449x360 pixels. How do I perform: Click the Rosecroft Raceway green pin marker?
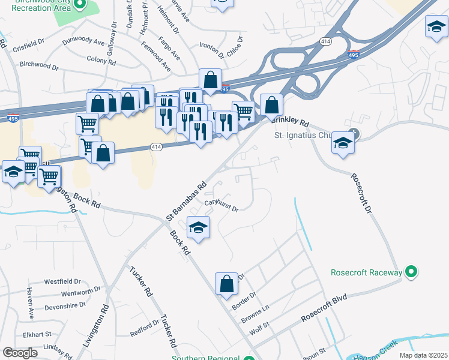(411, 272)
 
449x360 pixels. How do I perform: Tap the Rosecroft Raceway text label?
(366, 273)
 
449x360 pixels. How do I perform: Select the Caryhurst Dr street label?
(221, 205)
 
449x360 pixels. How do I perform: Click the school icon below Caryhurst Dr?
(198, 227)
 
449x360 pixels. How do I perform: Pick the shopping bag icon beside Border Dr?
(226, 284)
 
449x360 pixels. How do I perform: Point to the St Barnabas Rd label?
(187, 200)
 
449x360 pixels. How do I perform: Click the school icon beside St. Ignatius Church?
(343, 143)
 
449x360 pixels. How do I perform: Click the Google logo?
(20, 353)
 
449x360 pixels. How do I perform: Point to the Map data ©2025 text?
(422, 355)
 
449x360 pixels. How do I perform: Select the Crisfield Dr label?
(23, 42)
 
